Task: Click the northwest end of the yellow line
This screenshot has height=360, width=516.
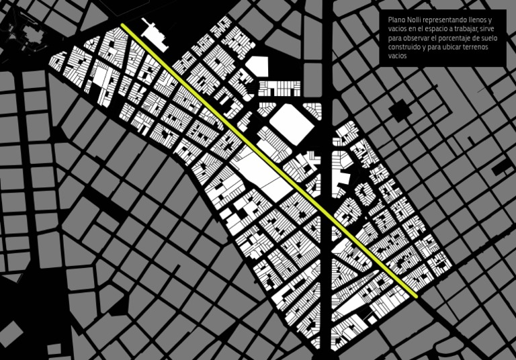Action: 124,26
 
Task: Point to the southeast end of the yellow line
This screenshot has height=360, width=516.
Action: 416,295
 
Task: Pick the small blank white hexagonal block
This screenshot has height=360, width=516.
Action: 257,66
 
